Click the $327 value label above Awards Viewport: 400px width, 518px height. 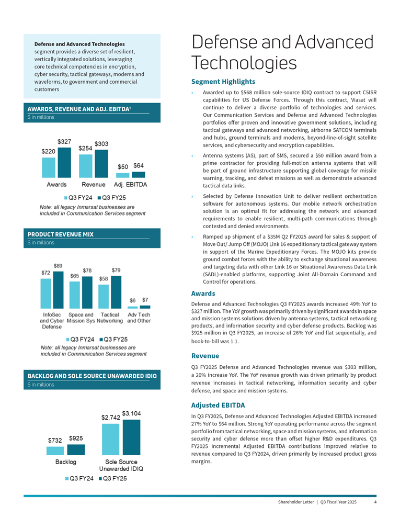64,142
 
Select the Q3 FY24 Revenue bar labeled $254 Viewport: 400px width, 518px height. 86,165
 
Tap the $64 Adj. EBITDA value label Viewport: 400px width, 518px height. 139,165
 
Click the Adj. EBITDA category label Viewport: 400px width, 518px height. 130,185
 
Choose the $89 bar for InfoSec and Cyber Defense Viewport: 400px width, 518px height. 58,290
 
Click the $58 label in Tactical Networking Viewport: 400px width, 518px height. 104,279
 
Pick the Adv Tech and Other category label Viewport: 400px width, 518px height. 139,318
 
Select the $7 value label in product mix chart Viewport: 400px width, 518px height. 145,300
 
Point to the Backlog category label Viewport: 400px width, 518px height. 66,462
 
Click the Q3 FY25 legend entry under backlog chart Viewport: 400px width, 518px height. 112,479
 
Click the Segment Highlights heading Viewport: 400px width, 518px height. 223,82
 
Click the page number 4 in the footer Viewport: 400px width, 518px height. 375,502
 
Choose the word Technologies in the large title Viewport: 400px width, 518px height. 244,63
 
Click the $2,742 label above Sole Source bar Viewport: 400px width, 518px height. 111,418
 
